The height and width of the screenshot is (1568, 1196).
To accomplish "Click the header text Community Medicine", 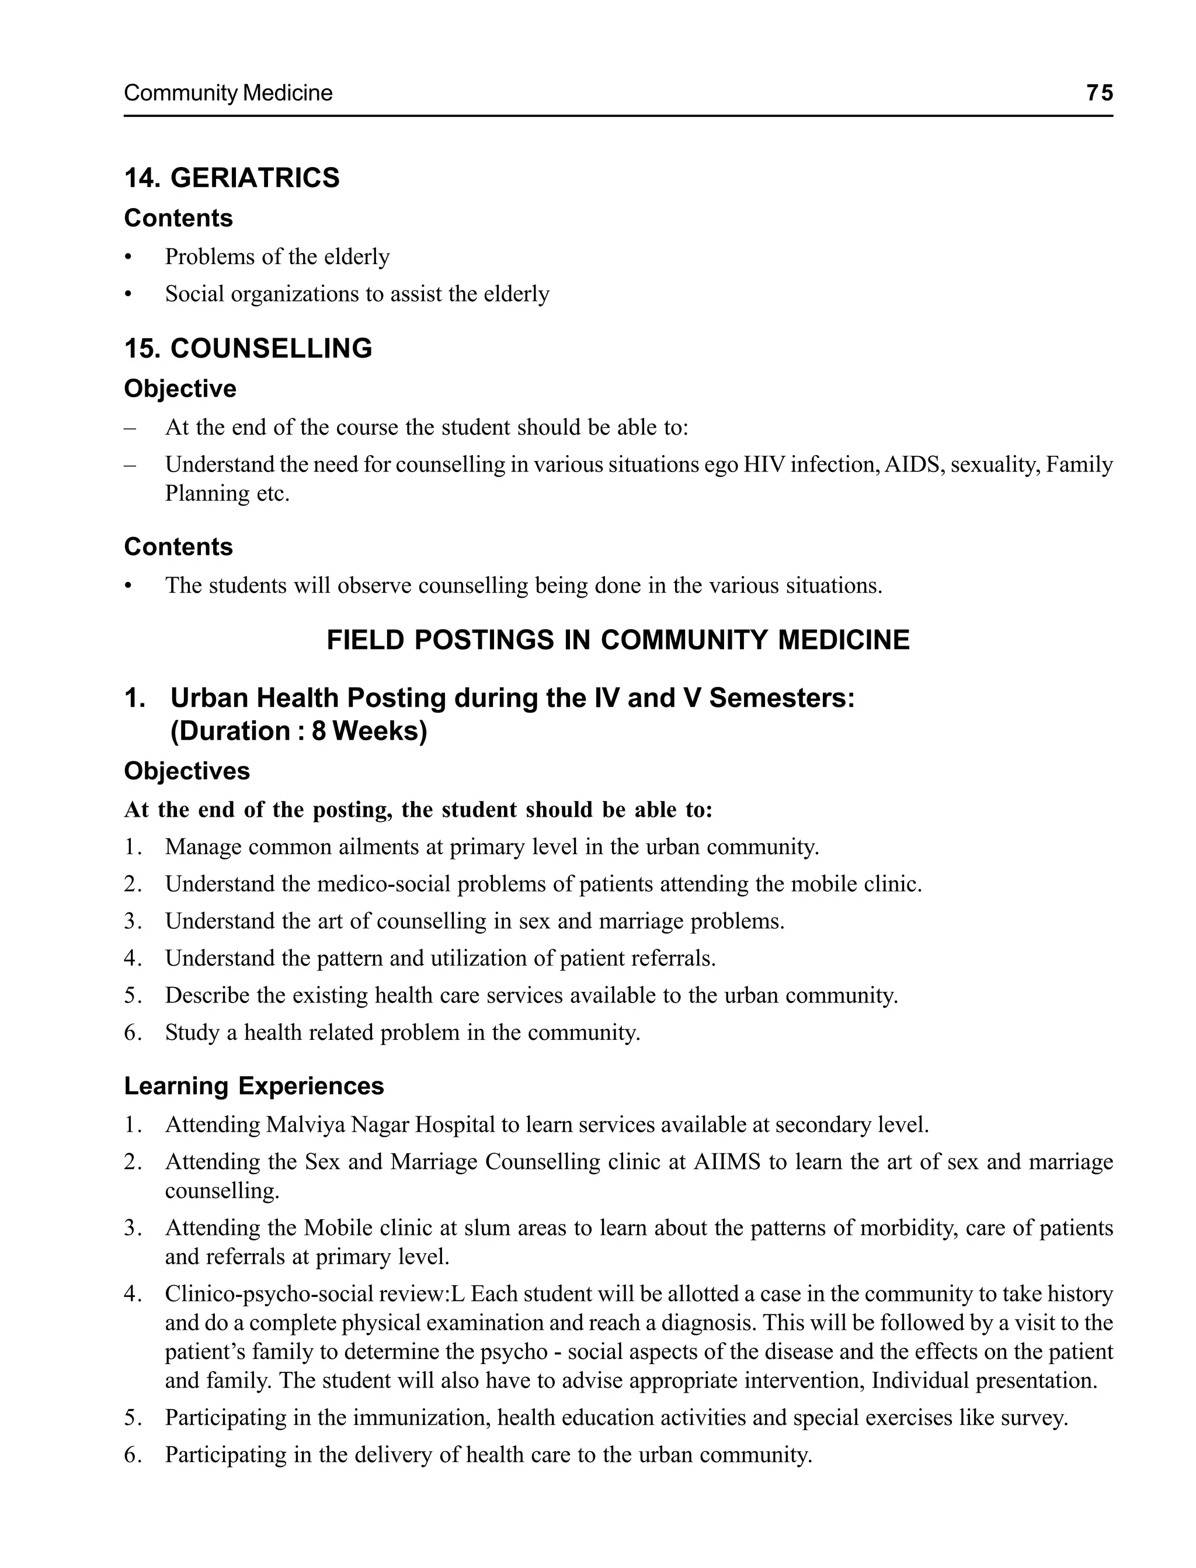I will pos(228,93).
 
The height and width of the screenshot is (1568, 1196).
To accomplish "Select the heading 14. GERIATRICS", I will pos(232,178).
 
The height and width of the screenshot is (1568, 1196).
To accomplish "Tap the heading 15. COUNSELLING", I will pos(248,348).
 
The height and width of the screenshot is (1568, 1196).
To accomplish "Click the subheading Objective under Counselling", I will pos(180,389).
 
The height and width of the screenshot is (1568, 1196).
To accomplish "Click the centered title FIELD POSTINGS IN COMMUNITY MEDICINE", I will pos(618,640).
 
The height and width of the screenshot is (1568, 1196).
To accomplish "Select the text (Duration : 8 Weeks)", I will pos(298,732).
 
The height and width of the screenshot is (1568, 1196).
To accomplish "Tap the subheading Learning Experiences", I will pos(253,1086).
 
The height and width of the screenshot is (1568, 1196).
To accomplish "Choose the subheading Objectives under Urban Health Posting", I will pos(186,771).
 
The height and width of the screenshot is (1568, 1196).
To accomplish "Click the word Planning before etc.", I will pos(207,494).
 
